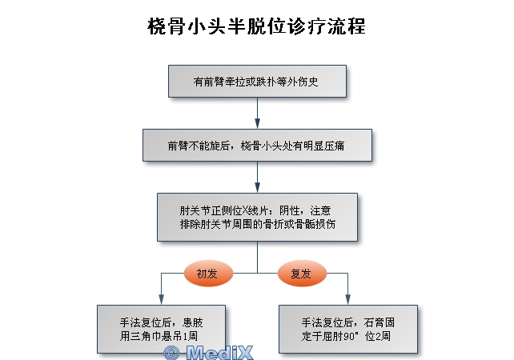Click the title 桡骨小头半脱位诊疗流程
click(256, 26)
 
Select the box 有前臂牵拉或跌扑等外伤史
click(257, 81)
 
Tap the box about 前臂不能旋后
click(257, 146)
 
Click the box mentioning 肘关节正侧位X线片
click(257, 217)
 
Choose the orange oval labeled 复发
click(302, 274)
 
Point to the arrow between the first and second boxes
click(257, 114)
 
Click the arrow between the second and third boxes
click(257, 178)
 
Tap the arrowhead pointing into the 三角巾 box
click(162, 298)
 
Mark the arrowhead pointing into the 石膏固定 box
click(347, 298)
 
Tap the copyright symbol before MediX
click(171, 352)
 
